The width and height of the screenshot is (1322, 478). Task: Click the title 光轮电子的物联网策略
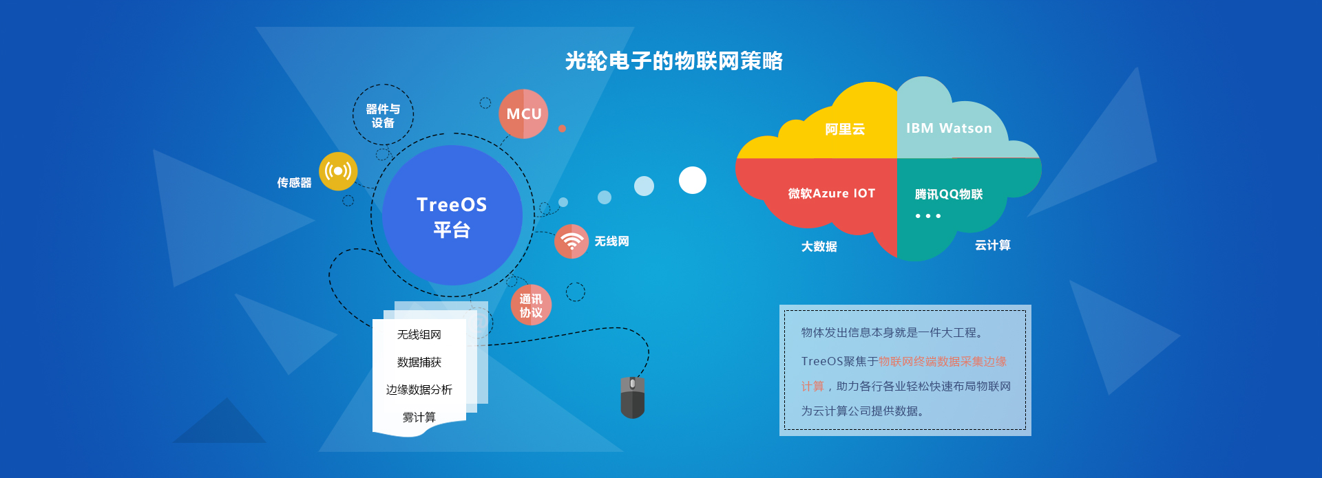click(673, 61)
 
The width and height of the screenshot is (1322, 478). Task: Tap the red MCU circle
click(523, 114)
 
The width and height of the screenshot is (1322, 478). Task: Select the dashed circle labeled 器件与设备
click(383, 115)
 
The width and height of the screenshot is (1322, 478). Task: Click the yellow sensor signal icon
click(338, 171)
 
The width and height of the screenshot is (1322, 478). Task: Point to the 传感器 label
click(294, 183)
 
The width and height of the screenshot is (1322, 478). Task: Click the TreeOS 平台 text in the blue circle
click(452, 217)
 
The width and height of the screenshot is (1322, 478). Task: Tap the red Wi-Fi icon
click(571, 241)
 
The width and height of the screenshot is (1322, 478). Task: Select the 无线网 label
click(612, 241)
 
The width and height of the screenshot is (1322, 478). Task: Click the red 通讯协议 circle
click(531, 305)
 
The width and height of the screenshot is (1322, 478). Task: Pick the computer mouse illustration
click(633, 398)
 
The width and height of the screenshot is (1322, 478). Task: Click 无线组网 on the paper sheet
click(419, 335)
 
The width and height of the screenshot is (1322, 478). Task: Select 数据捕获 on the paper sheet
click(419, 362)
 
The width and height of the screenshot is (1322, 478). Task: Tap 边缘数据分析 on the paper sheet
click(419, 390)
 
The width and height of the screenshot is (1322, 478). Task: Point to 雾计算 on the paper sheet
click(419, 417)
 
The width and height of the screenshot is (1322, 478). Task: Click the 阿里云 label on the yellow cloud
click(845, 129)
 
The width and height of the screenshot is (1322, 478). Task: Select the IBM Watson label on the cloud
click(949, 129)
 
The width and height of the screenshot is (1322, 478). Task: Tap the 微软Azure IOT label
click(832, 194)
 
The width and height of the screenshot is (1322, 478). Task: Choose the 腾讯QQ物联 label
click(949, 195)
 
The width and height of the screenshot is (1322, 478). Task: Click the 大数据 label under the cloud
click(819, 246)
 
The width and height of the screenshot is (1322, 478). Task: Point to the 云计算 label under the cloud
click(992, 246)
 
